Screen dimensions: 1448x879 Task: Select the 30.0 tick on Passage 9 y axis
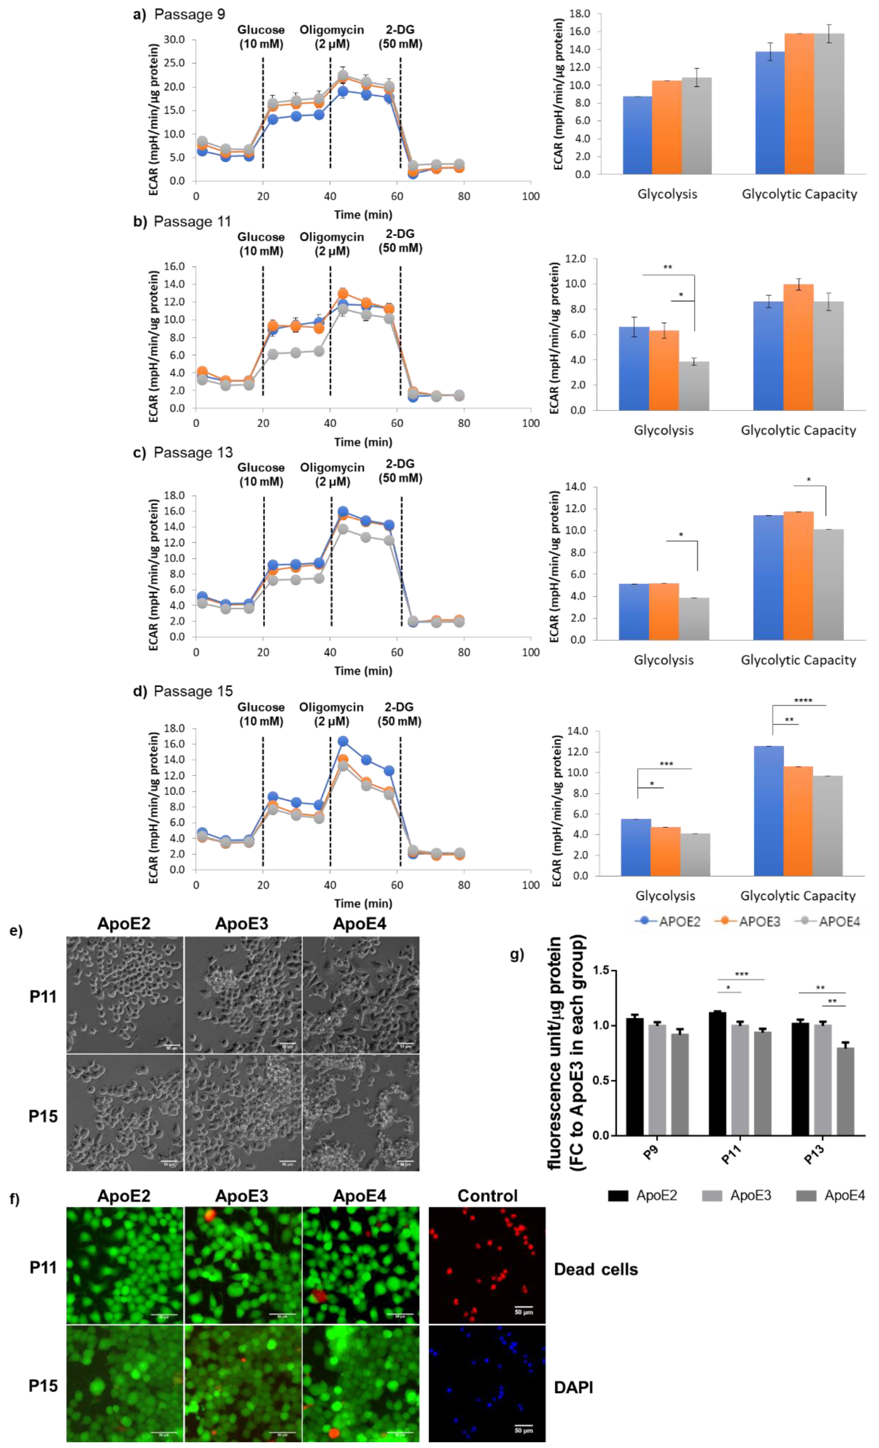(174, 39)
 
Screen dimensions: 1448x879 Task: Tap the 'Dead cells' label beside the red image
(595, 1269)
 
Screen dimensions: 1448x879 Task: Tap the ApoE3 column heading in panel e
(241, 924)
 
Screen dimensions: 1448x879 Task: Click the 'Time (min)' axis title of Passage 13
(363, 670)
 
